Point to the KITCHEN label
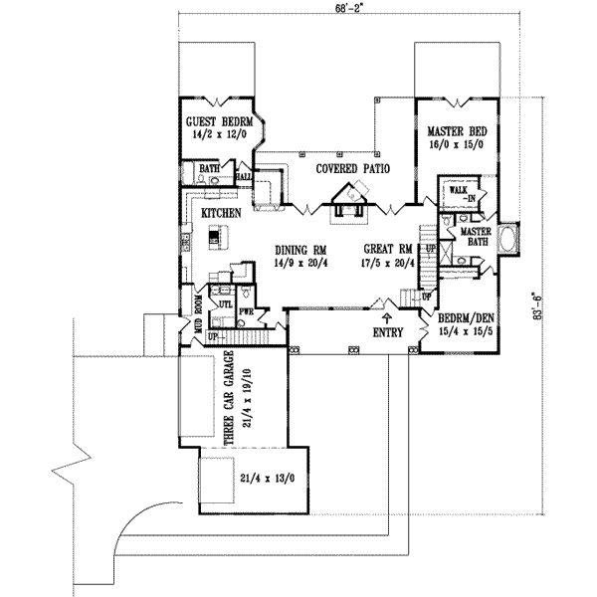coord(220,214)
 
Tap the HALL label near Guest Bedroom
coord(243,177)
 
